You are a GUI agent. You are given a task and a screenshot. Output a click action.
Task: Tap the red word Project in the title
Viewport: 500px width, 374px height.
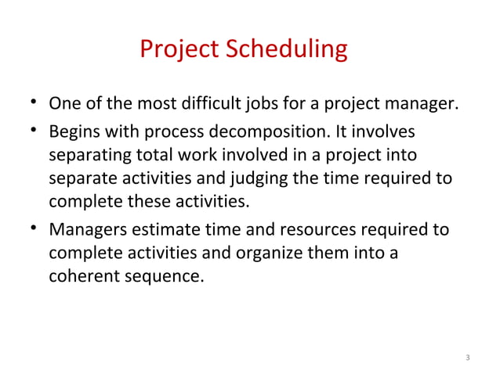coord(181,50)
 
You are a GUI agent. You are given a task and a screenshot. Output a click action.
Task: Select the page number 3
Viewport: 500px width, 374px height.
coord(468,358)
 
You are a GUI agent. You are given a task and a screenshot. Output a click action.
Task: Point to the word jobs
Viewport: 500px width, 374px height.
coord(271,104)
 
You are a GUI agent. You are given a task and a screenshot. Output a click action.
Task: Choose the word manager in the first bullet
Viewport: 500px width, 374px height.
coord(422,104)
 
